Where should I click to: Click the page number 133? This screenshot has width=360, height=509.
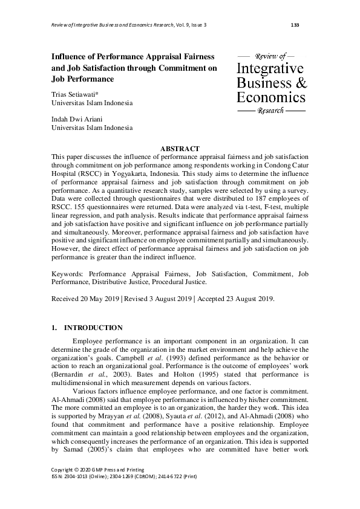pos(295,25)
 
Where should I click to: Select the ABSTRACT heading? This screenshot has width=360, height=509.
pos(180,149)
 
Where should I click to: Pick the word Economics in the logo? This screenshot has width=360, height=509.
pos(270,97)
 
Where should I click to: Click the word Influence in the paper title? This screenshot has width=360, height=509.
pos(75,56)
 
